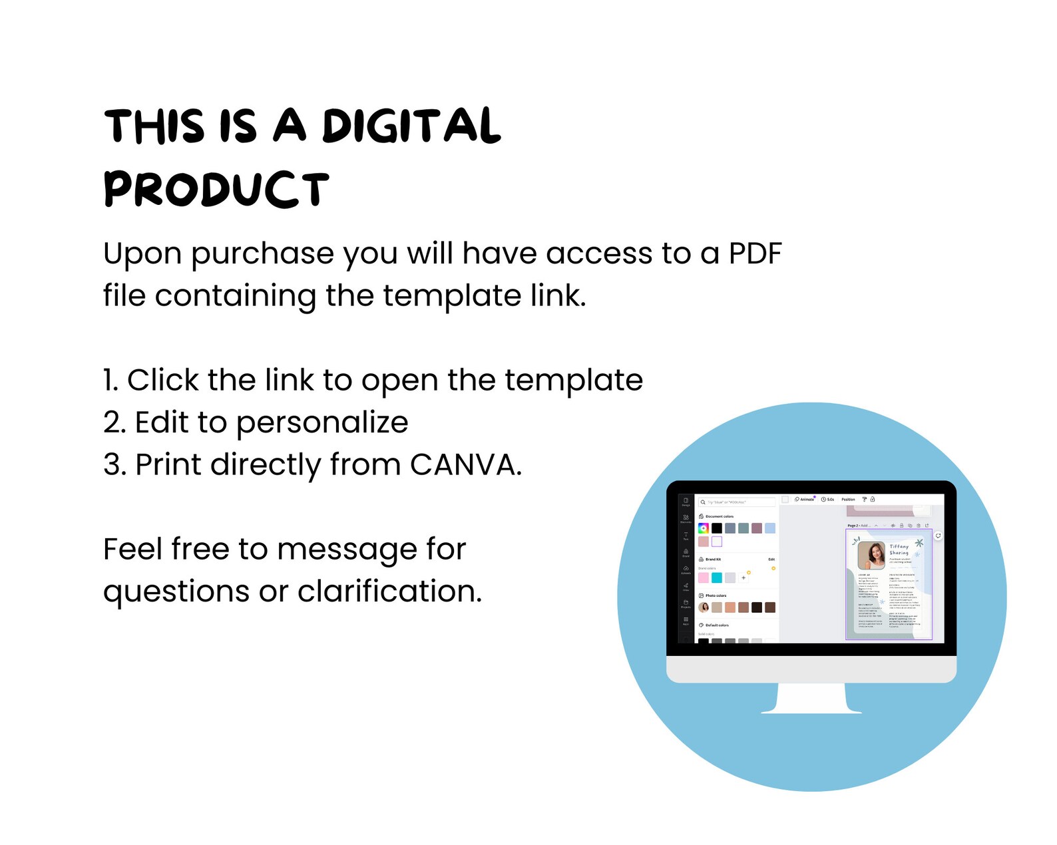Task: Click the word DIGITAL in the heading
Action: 411,126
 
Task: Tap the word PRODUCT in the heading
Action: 216,189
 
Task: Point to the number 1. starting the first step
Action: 110,381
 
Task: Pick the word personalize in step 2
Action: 322,423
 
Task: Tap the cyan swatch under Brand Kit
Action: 717,578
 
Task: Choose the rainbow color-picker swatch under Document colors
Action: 703,528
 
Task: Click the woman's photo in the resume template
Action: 871,555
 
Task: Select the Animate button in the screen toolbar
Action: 805,499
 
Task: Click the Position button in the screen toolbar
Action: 848,499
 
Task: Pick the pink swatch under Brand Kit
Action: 704,578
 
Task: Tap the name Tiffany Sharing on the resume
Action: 899,549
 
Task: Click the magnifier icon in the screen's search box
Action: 703,502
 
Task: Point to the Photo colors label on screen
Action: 716,595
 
